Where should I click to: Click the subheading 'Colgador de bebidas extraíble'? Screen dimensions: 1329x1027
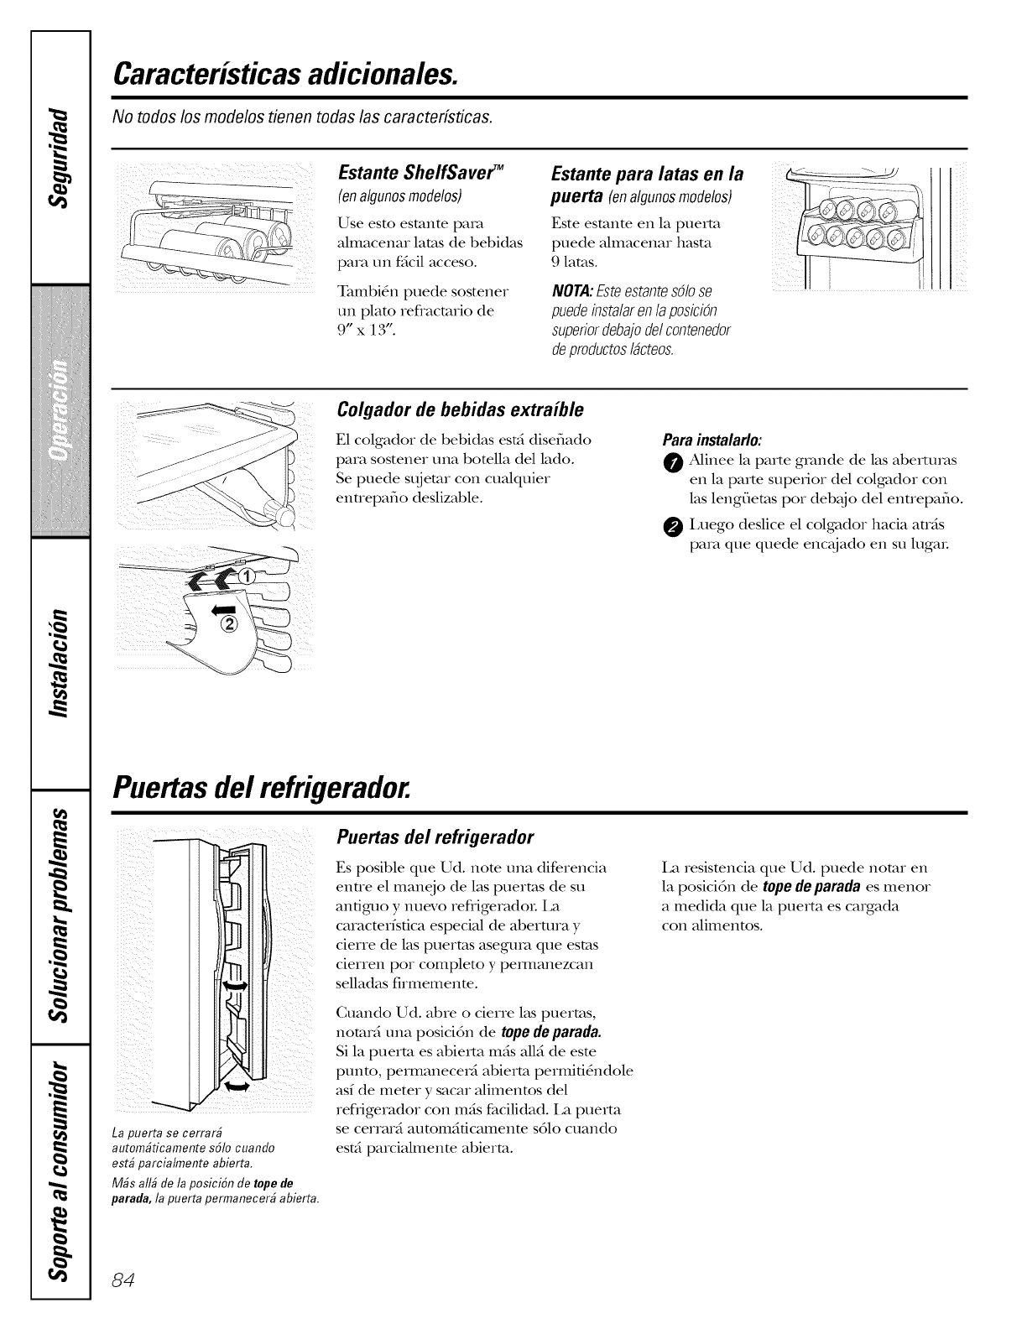[459, 410]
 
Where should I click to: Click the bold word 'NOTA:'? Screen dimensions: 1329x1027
[571, 290]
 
